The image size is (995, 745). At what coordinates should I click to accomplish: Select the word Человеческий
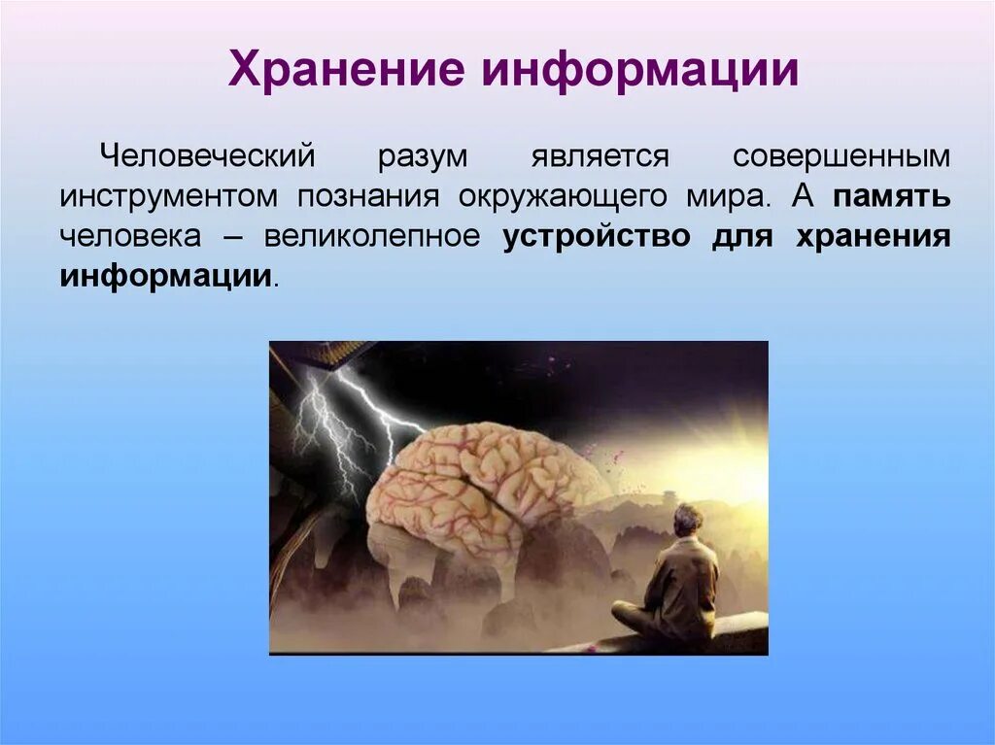pyautogui.click(x=207, y=156)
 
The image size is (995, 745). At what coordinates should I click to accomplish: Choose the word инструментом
pyautogui.click(x=169, y=197)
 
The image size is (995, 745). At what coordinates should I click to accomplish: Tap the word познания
pyautogui.click(x=368, y=197)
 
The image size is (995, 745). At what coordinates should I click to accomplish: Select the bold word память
pyautogui.click(x=892, y=197)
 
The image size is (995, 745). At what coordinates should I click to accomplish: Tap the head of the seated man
pyautogui.click(x=687, y=519)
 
